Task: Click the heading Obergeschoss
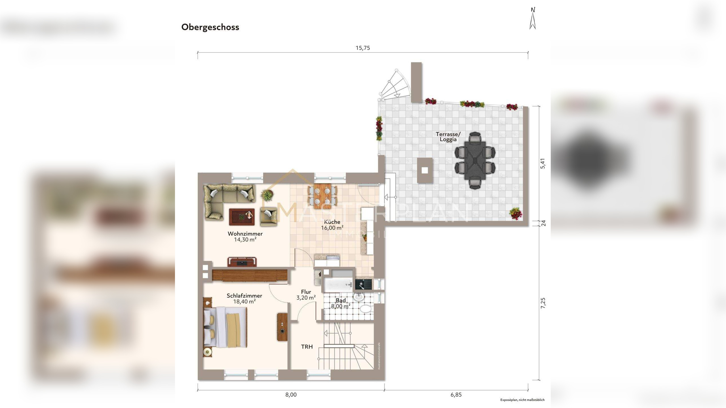210,27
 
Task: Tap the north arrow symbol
533,19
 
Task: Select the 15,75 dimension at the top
363,48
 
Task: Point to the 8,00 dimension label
291,395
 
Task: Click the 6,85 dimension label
456,395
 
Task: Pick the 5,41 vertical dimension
543,163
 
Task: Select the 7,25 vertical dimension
543,303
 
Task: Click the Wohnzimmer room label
245,234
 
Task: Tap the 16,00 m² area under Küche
332,228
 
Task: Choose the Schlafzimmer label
244,296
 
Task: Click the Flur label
306,292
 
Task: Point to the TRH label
307,347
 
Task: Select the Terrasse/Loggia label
448,137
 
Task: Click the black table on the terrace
475,160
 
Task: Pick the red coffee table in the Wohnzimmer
242,217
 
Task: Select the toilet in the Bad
365,309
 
